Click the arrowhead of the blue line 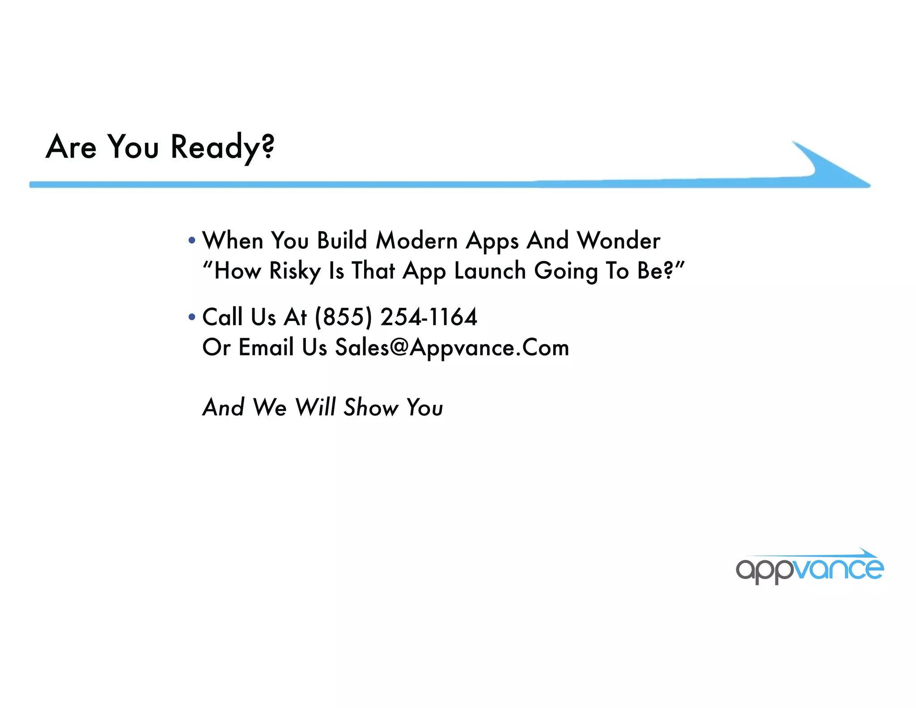point(832,168)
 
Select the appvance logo point(810,567)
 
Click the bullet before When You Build point(192,240)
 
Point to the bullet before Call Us point(192,317)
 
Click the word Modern point(416,240)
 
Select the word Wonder point(618,240)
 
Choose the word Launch point(490,271)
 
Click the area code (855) point(343,317)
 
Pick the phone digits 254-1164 point(428,317)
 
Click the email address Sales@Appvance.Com point(452,348)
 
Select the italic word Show point(371,407)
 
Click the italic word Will point(315,407)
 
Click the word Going point(566,271)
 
